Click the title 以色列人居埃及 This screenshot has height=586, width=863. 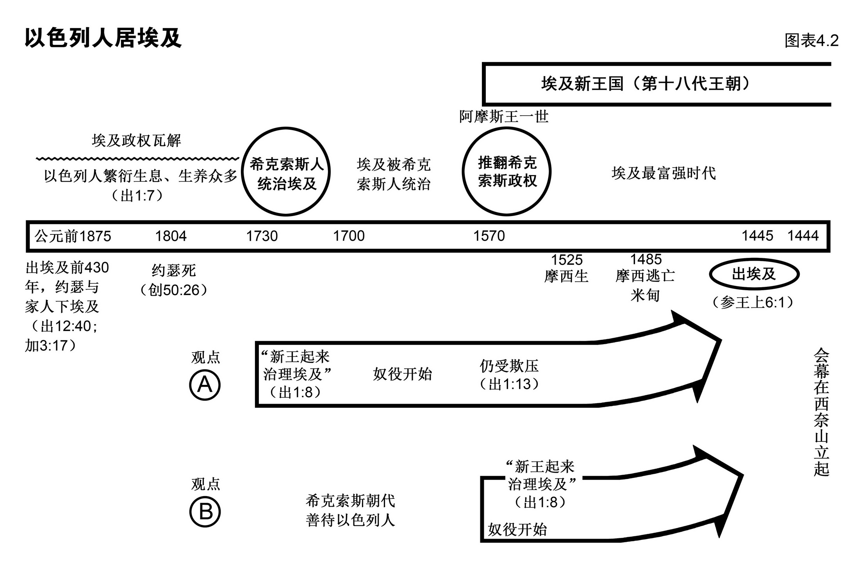103,38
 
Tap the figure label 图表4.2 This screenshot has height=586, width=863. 811,41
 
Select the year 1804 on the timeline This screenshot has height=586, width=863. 171,236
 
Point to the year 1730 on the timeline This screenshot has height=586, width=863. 262,236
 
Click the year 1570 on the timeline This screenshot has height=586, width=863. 489,236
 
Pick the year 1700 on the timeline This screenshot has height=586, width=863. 349,236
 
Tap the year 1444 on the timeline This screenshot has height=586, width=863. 803,236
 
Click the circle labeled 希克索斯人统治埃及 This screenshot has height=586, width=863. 286,172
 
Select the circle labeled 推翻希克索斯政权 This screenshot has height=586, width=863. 507,172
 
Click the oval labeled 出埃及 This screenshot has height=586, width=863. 754,274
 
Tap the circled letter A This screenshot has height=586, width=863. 205,385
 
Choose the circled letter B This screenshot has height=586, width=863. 205,512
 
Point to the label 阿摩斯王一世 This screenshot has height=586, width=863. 504,117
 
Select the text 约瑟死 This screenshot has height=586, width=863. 173,270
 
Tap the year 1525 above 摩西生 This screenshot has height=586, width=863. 567,260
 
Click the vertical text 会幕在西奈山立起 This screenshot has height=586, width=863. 821,412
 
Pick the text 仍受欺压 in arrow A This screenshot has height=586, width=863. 509,366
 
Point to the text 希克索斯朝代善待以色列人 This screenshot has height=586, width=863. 350,511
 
